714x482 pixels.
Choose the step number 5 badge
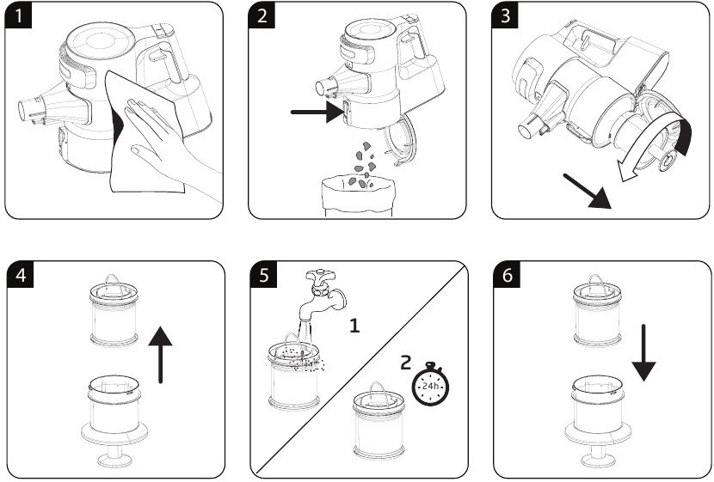(x=262, y=277)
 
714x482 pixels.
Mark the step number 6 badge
(x=507, y=277)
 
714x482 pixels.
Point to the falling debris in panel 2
(x=360, y=159)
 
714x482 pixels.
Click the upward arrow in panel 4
(x=160, y=352)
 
